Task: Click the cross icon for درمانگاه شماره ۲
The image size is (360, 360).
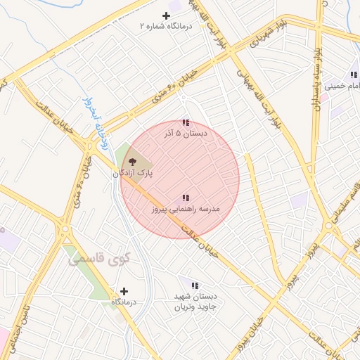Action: coord(167,15)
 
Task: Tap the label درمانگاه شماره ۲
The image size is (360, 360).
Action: coord(166,26)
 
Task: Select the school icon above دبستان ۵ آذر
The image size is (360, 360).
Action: coord(186,122)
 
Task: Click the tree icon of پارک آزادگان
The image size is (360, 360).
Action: coord(134,162)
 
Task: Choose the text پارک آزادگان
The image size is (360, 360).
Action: coord(133,172)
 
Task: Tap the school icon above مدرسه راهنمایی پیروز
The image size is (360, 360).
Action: coord(186,198)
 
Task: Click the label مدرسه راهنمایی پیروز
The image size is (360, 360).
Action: coord(186,209)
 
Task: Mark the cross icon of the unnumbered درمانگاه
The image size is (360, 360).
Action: coord(124,290)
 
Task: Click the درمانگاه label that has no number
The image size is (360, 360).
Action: coord(124,301)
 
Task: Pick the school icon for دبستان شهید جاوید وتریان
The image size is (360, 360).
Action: coord(195,285)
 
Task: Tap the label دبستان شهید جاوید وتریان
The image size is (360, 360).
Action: coord(195,302)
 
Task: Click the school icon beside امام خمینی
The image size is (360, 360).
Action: coord(353,75)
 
